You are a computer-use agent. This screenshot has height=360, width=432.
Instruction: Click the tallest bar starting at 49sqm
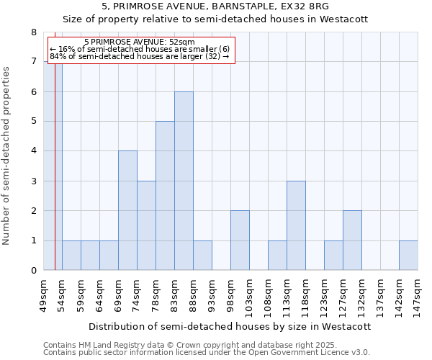click(x=53, y=166)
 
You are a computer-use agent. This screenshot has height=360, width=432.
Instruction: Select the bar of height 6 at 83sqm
click(x=184, y=181)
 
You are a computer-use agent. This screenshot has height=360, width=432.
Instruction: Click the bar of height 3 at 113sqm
click(x=296, y=225)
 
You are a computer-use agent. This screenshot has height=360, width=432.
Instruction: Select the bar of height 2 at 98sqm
click(x=240, y=240)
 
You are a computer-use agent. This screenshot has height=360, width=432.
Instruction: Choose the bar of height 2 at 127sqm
click(x=352, y=240)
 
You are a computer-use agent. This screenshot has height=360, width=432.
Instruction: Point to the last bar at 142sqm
click(x=408, y=256)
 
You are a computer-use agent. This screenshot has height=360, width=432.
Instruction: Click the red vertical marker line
click(x=55, y=180)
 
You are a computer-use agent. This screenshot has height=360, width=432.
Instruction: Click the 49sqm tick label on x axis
click(x=43, y=296)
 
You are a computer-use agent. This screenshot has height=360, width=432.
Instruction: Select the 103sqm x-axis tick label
click(x=249, y=296)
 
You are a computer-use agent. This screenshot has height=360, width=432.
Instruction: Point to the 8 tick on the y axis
click(x=33, y=32)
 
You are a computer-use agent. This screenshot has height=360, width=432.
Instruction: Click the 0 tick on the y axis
click(x=33, y=271)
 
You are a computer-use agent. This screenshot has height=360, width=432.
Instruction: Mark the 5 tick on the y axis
click(x=33, y=122)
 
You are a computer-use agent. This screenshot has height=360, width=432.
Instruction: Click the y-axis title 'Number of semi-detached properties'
click(x=7, y=156)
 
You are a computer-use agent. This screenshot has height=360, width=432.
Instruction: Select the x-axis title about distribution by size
click(x=230, y=326)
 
